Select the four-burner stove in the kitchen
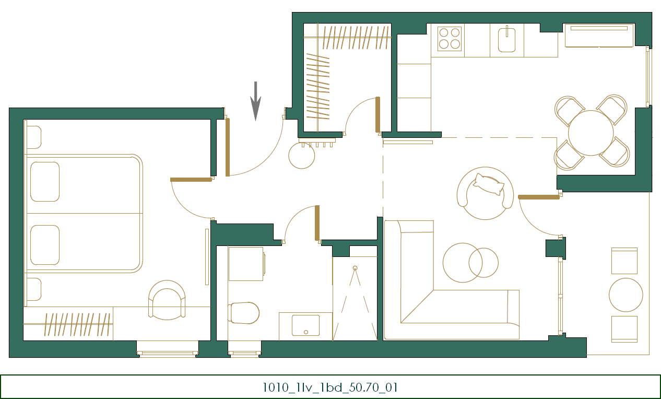click(x=450, y=38)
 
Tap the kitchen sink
click(x=506, y=40)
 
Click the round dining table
click(x=591, y=133)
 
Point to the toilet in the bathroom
click(x=244, y=313)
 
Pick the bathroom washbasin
click(x=305, y=325)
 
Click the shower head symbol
click(x=355, y=268)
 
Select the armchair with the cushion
click(x=485, y=192)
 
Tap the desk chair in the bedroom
click(x=167, y=300)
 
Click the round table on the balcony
click(x=625, y=295)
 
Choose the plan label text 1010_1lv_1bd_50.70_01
click(x=330, y=387)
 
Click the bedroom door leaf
click(x=191, y=180)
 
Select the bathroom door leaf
click(x=317, y=223)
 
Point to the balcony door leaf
click(x=538, y=197)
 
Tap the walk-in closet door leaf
click(x=377, y=114)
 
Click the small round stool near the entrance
click(x=302, y=155)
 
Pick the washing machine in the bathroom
click(x=246, y=264)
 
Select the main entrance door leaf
click(x=228, y=147)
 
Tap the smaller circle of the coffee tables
click(x=483, y=263)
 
